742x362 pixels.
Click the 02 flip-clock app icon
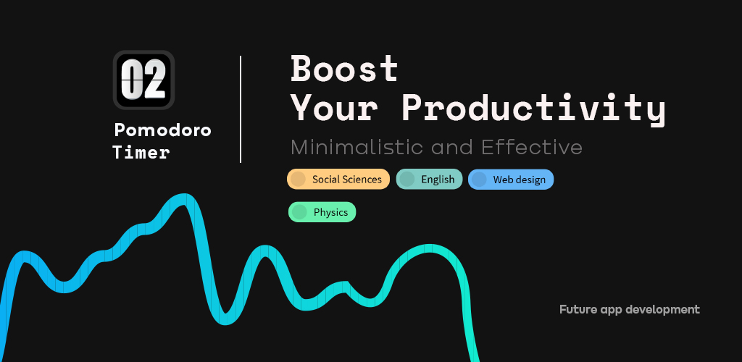[143, 80]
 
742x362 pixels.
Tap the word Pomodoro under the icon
[163, 130]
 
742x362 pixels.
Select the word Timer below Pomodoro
[141, 153]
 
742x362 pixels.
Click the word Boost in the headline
[344, 69]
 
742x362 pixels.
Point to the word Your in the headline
[334, 108]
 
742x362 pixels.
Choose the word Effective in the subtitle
[532, 148]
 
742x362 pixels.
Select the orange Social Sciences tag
[338, 179]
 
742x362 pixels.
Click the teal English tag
[429, 179]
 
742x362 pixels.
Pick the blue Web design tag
[511, 180]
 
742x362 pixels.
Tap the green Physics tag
[322, 212]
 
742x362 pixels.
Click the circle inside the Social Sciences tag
[298, 179]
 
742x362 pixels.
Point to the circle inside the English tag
[407, 179]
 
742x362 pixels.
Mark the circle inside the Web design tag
[479, 180]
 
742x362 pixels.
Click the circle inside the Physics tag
[299, 212]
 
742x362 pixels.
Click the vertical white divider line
[241, 109]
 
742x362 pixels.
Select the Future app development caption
[630, 310]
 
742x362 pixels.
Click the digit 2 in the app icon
[154, 80]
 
